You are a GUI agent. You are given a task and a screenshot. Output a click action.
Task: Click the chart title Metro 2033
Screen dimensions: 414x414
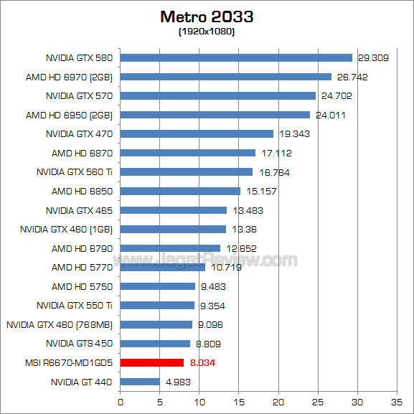207,17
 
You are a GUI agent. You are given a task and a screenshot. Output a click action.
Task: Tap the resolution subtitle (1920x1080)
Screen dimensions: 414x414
207,32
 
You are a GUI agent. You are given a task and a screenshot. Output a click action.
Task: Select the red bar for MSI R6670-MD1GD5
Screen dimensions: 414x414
152,363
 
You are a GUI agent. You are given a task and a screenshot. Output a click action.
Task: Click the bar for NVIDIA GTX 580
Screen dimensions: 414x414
236,57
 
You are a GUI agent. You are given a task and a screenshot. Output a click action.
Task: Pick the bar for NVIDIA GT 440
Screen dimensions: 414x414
140,382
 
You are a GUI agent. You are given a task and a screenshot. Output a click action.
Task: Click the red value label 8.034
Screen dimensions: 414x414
202,363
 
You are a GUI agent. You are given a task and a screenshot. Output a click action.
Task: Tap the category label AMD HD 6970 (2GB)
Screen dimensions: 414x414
72,77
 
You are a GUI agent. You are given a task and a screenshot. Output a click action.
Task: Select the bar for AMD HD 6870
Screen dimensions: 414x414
188,153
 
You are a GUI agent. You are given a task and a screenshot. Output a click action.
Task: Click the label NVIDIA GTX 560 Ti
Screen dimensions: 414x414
75,172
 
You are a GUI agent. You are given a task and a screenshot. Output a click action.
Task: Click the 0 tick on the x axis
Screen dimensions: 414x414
121,403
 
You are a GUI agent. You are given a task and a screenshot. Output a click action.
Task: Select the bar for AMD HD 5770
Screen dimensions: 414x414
163,268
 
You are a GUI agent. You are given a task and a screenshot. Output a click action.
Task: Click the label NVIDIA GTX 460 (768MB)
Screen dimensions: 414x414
60,325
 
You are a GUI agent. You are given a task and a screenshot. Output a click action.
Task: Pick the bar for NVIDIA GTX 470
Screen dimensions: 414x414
197,133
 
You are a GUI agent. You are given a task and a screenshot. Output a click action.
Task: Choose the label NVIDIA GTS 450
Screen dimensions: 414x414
79,344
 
